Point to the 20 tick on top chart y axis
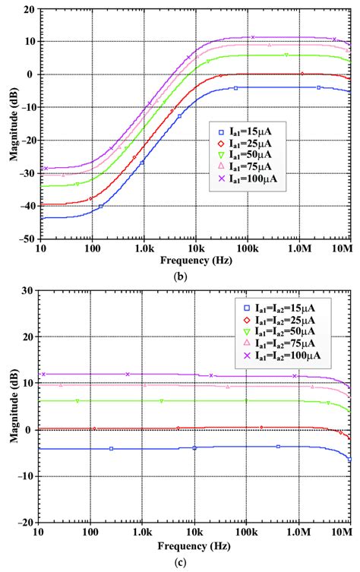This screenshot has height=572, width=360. click(27, 10)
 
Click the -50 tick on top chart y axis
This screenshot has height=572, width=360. click(25, 239)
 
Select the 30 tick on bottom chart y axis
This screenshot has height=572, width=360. click(27, 290)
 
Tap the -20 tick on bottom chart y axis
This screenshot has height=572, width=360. click(25, 523)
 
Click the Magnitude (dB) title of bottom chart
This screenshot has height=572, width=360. click(9, 406)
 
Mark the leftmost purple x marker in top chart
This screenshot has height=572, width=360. click(45, 168)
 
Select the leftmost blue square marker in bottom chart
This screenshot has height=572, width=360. click(111, 449)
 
